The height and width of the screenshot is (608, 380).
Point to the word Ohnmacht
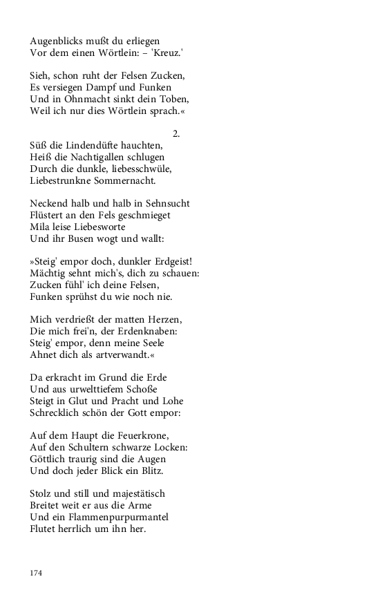tap(82, 99)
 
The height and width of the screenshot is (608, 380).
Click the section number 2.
tap(175, 134)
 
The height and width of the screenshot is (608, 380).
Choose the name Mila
tap(40, 227)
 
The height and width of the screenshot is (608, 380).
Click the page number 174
tap(37, 573)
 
